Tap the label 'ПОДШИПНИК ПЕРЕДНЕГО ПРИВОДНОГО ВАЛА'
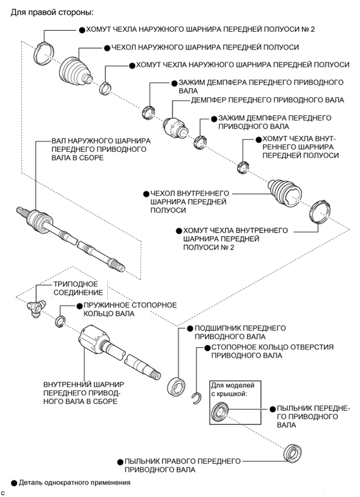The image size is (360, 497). (x=239, y=332)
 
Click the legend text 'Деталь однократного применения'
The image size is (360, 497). (x=74, y=483)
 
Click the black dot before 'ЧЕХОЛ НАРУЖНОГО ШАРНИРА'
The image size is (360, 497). (x=107, y=48)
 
